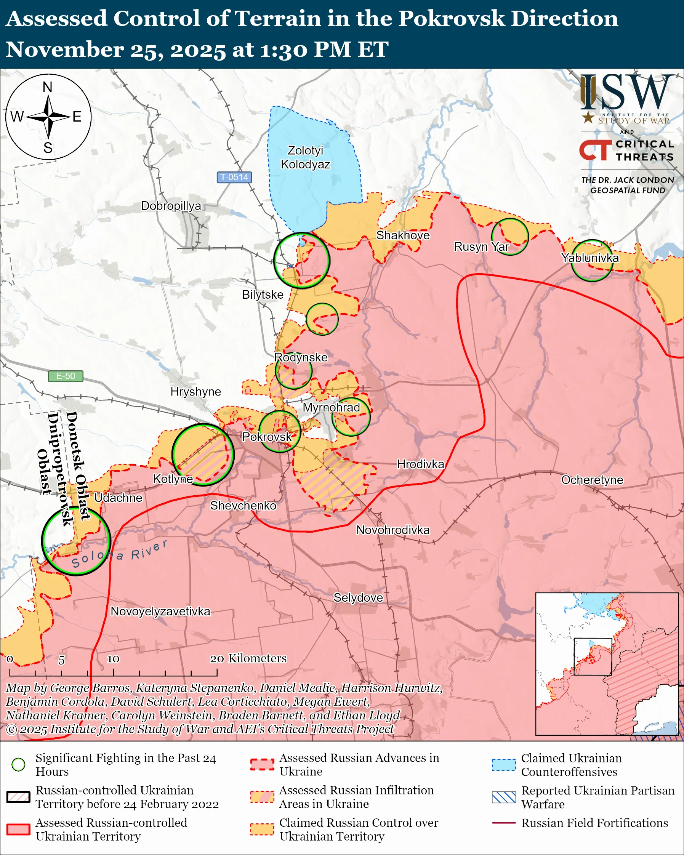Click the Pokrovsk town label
click(x=266, y=437)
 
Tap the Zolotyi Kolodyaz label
click(x=305, y=157)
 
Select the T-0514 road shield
click(x=234, y=177)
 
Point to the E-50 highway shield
click(x=66, y=376)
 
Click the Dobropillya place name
click(x=171, y=206)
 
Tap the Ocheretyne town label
click(x=592, y=480)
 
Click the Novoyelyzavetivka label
click(x=160, y=611)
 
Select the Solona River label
click(x=119, y=554)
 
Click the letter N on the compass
click(x=48, y=87)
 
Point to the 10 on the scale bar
click(x=113, y=659)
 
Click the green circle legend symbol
click(x=18, y=765)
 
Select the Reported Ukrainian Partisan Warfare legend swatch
click(x=504, y=797)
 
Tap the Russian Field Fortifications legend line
click(x=504, y=823)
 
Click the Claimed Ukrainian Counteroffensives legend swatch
click(x=504, y=765)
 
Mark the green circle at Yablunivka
click(x=592, y=261)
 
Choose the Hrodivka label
click(x=420, y=464)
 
